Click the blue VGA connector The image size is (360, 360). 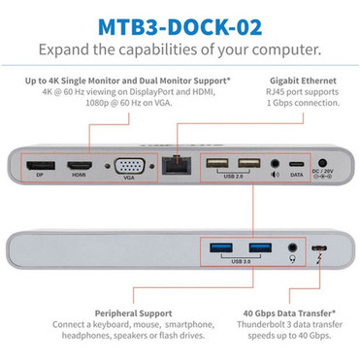pos(130,166)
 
